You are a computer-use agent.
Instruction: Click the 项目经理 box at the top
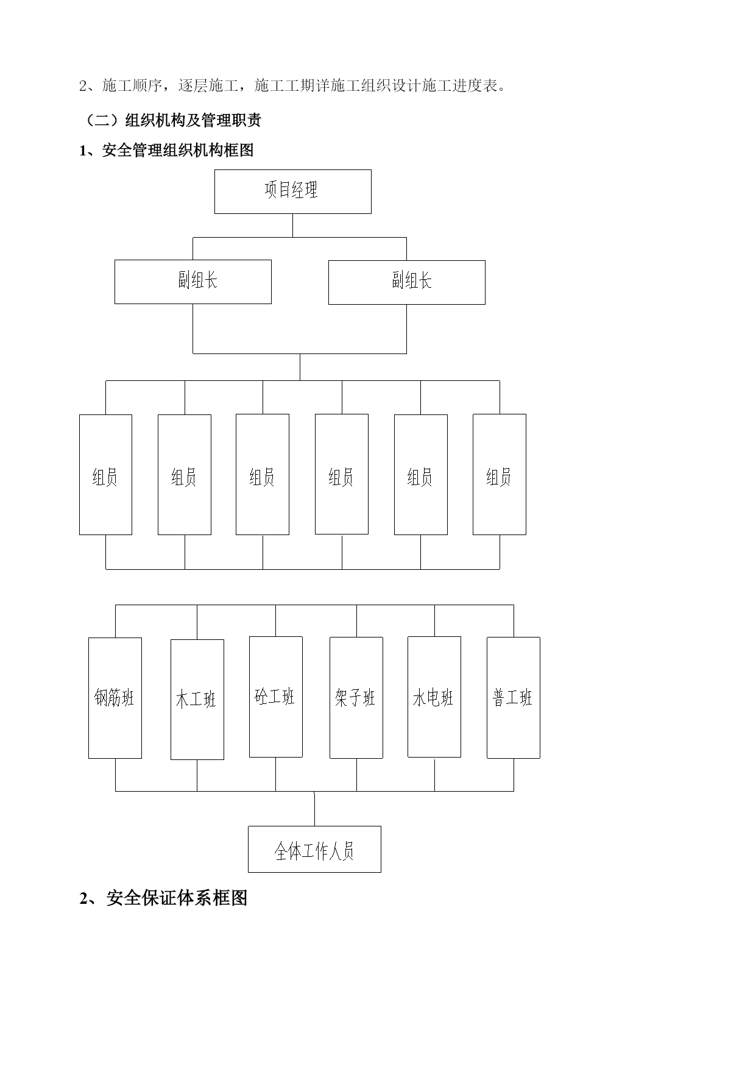coord(292,191)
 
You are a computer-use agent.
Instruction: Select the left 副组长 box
coord(193,282)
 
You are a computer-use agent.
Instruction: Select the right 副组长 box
coord(407,282)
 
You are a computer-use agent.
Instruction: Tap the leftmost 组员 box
coord(105,475)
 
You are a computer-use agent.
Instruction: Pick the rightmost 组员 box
coord(500,475)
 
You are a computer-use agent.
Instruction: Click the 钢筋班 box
coord(115,698)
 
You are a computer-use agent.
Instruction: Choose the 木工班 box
coord(197,700)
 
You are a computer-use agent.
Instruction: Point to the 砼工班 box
coord(276,697)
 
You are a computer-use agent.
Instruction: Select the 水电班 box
coord(434,697)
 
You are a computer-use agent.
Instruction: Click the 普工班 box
coord(514,698)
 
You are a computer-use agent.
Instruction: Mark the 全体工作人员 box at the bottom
coord(314,849)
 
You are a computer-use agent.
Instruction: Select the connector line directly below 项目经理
coord(292,226)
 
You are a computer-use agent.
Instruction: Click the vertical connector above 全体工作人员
coord(314,809)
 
